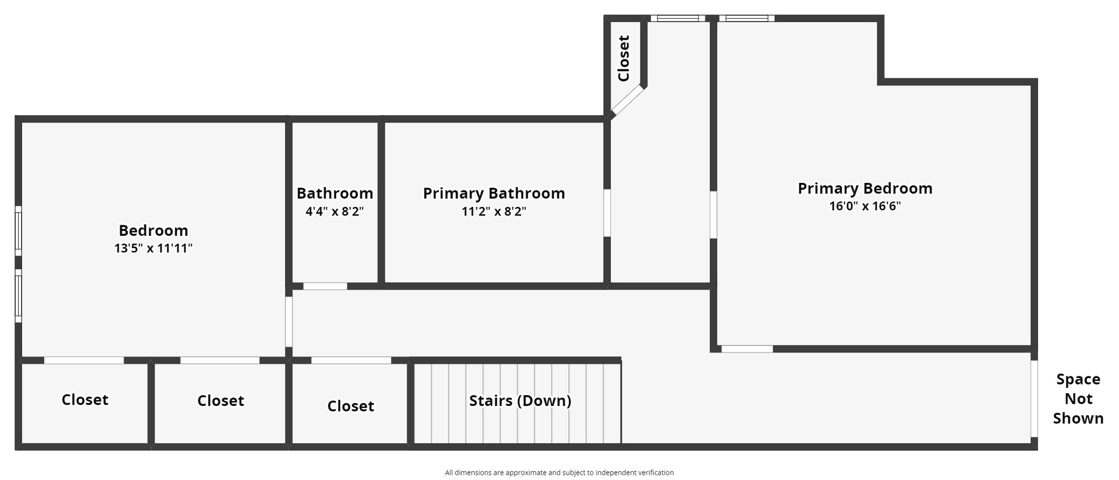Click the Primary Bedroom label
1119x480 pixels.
pos(865,189)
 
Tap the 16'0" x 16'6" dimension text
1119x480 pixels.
pos(865,206)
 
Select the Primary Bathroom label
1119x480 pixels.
pos(494,193)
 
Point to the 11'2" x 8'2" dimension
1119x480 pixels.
pos(494,211)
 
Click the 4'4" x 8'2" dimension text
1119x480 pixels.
pos(335,211)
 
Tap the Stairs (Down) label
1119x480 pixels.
pos(520,401)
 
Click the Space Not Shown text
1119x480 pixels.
pos(1078,399)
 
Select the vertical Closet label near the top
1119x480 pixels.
pos(624,58)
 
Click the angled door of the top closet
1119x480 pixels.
pos(628,101)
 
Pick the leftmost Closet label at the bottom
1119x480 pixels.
pos(85,400)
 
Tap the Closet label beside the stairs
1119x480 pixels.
pos(350,406)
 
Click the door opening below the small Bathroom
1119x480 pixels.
pos(325,286)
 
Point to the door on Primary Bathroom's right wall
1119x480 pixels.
pos(607,213)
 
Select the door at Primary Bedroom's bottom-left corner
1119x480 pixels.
pos(747,349)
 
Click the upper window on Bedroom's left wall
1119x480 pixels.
pos(18,231)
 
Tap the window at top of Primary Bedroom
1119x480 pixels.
pos(747,19)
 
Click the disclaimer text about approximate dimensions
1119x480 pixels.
pos(559,472)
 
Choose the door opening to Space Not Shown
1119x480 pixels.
pos(1034,398)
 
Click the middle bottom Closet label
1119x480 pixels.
pos(220,401)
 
